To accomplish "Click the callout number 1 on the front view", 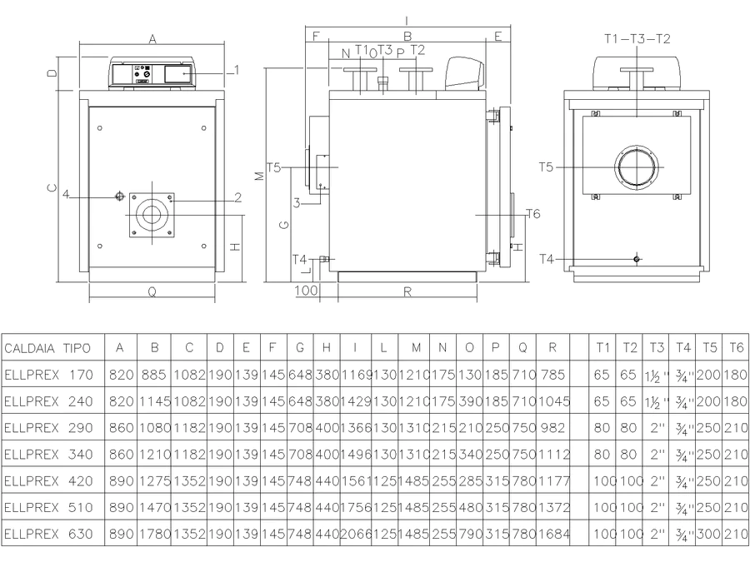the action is [237, 70].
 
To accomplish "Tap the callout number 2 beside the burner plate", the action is [237, 196].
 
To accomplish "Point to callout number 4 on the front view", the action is [66, 194].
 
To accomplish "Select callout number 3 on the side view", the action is [297, 203].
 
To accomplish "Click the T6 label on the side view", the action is [532, 214].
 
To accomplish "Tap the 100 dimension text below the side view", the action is [306, 290].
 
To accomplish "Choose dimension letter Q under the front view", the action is [152, 291].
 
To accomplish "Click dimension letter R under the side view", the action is [407, 291].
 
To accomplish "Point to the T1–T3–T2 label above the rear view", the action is [637, 38].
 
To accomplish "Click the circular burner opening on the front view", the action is [152, 215].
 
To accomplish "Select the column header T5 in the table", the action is [709, 347].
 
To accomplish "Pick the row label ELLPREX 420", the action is [48, 480].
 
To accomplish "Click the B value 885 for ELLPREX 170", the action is [153, 375].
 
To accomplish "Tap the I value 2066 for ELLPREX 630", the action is [355, 534].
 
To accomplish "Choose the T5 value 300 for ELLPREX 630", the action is [709, 534].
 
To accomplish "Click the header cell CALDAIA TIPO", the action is [47, 348].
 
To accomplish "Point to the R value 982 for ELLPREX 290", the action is [553, 428].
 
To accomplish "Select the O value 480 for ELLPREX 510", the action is [470, 508].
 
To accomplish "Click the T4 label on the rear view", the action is [546, 259].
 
